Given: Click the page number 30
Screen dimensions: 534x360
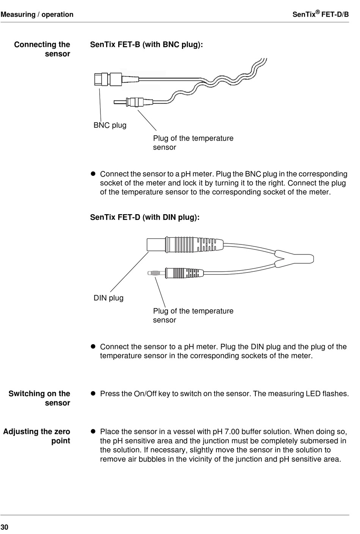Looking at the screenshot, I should [x=4, y=527].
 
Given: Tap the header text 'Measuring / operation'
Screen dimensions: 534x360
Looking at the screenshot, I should [x=37, y=15].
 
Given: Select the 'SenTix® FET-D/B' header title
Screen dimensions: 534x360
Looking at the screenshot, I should [x=321, y=14].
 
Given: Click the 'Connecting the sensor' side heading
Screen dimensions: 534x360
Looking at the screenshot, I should [x=42, y=49].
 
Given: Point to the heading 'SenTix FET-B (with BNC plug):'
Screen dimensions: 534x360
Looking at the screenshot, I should [x=146, y=45].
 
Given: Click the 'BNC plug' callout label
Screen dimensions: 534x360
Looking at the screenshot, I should [x=110, y=125].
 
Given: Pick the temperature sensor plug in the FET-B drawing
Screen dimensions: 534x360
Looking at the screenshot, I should [x=131, y=102].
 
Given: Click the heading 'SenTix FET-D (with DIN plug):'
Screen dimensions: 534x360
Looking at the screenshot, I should [x=144, y=218].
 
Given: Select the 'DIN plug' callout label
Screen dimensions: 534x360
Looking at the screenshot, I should [x=108, y=298].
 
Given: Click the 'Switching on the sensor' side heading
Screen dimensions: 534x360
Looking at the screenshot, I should [x=39, y=398].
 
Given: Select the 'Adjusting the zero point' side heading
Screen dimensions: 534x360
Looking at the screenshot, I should [x=37, y=436].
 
